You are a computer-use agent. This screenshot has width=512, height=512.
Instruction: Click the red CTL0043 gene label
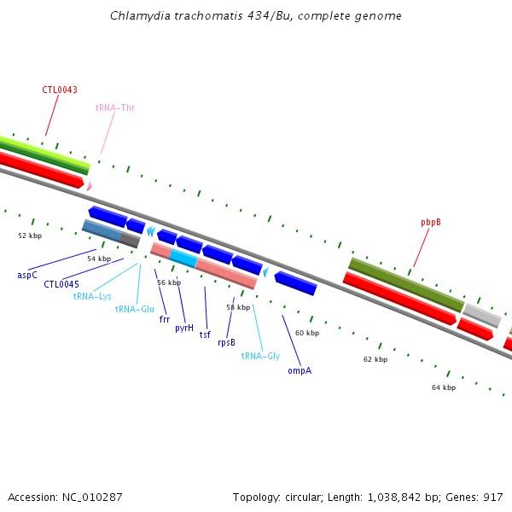point(60,90)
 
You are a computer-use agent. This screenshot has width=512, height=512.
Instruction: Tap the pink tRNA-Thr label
point(114,108)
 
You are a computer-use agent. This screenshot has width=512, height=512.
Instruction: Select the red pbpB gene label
point(430,222)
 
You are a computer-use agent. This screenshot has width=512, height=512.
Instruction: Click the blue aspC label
point(27,275)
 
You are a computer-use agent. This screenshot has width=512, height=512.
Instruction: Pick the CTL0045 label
point(61,284)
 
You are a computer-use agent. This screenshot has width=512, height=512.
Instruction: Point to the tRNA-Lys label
point(92,296)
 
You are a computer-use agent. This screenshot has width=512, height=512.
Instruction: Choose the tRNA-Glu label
point(134,309)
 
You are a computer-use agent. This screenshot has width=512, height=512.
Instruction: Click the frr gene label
point(165,319)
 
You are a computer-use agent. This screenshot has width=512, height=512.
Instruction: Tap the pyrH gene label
point(184,328)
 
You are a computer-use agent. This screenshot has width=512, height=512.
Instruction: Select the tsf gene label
point(205,335)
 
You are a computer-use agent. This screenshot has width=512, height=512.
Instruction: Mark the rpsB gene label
point(226,342)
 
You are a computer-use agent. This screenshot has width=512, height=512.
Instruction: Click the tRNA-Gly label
point(260,355)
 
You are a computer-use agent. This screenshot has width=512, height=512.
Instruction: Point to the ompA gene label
point(300,370)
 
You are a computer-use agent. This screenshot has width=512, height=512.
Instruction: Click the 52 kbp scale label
point(30,235)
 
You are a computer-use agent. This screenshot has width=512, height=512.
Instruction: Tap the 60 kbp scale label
point(306,333)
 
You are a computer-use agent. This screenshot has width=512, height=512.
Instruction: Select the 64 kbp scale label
point(444,387)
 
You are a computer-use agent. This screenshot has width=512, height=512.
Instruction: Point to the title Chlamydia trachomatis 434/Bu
point(256,15)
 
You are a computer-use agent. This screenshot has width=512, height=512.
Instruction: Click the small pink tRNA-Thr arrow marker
point(89,185)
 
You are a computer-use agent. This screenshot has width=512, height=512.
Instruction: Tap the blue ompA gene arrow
point(295,283)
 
